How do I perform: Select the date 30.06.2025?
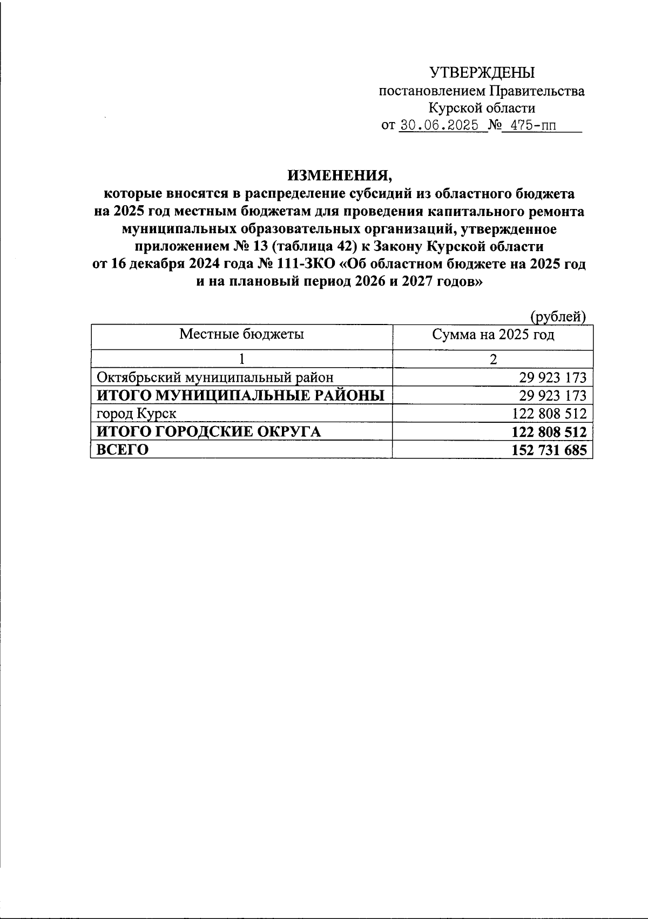(x=439, y=126)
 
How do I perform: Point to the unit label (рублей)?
(x=558, y=316)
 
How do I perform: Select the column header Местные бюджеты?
(x=241, y=334)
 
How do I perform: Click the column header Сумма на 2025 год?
(x=493, y=335)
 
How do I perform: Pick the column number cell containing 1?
(x=241, y=359)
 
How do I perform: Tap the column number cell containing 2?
(x=493, y=359)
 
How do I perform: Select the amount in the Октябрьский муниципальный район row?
(x=552, y=377)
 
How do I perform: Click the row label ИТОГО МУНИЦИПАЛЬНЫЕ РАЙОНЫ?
(x=240, y=396)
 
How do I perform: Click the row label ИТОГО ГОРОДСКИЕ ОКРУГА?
(x=208, y=432)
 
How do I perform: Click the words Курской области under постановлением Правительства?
(x=482, y=108)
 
